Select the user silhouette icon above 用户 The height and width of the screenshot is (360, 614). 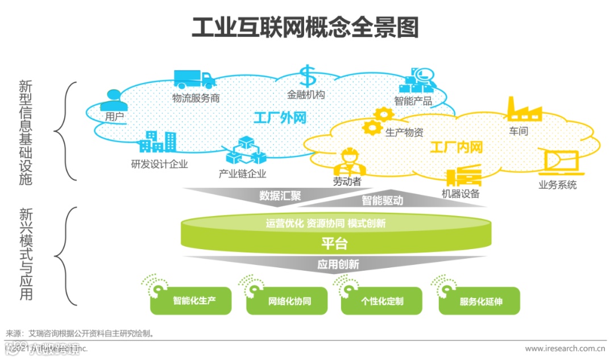[x=113, y=100]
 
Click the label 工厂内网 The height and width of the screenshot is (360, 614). [x=456, y=148]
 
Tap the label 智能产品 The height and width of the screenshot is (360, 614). [x=413, y=102]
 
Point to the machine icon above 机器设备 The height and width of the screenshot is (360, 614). [x=463, y=176]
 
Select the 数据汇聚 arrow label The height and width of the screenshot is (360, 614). [x=280, y=196]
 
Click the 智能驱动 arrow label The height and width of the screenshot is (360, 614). [x=382, y=200]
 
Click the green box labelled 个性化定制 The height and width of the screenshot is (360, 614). [x=381, y=301]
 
